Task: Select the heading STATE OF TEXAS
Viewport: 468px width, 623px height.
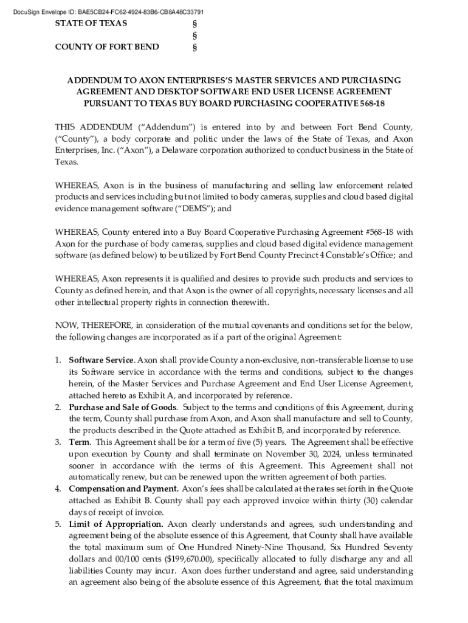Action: tap(91, 23)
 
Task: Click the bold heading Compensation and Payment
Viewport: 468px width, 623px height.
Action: tap(123, 489)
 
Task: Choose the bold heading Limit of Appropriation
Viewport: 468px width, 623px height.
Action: tap(115, 524)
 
